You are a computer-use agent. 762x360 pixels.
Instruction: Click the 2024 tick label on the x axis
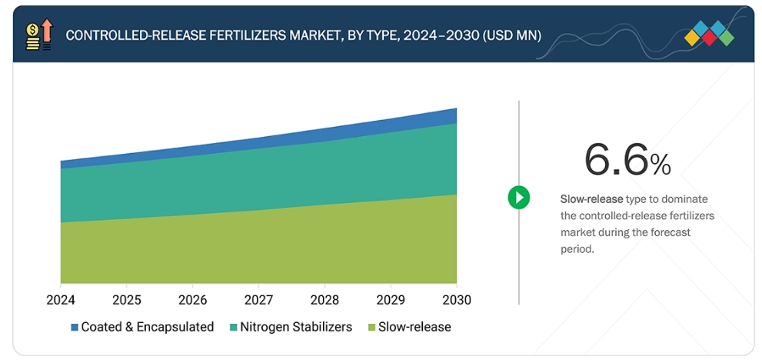(61, 299)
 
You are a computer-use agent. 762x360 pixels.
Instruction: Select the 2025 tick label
(127, 299)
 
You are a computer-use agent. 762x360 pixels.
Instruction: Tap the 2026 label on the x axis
(193, 299)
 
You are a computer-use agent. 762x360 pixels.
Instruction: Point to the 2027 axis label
(259, 299)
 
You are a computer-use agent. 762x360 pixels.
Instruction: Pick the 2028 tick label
(325, 299)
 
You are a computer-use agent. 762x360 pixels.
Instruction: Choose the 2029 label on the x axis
(391, 299)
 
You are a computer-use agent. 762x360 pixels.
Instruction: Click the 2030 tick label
(457, 299)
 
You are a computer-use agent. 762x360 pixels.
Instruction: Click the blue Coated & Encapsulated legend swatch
(75, 327)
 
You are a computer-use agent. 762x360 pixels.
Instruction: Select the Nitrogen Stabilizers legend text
(296, 327)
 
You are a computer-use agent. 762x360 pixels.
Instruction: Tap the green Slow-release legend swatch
(372, 327)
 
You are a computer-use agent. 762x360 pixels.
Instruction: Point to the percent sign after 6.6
(661, 164)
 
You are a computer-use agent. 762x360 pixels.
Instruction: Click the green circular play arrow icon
(519, 198)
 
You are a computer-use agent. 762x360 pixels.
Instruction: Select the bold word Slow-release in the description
(591, 199)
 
